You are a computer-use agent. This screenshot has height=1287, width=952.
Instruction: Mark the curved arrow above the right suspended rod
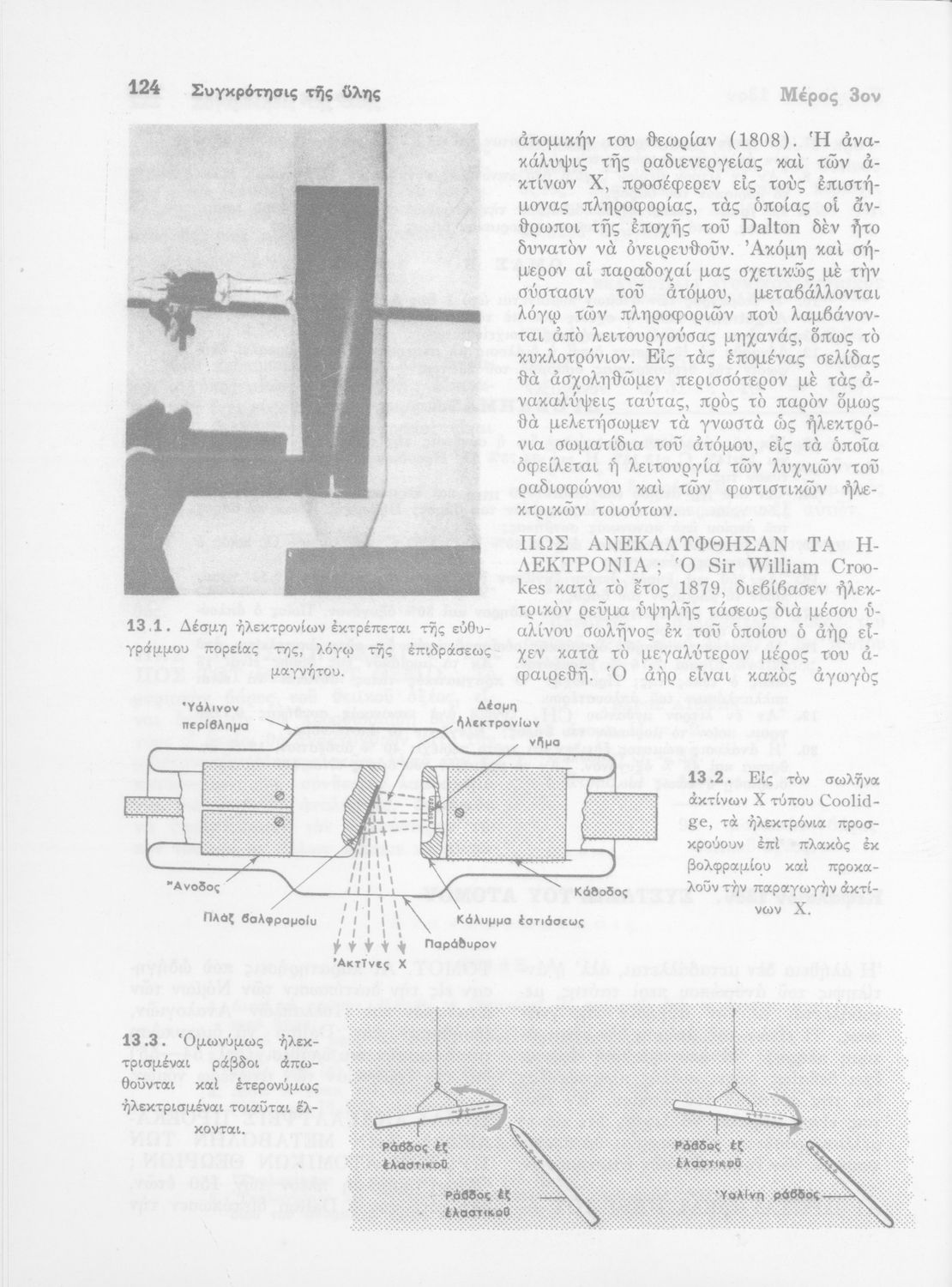point(781,1109)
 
